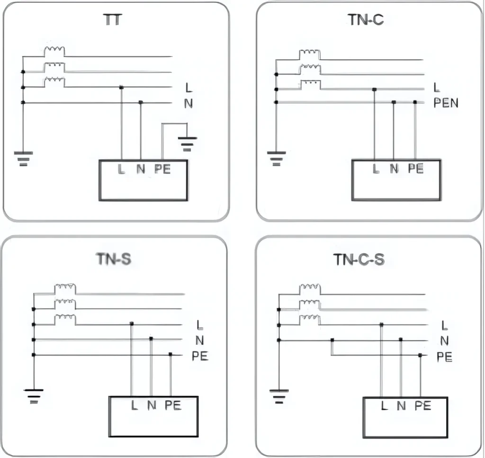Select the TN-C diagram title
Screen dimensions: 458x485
(x=365, y=19)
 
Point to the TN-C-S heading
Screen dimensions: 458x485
(x=359, y=260)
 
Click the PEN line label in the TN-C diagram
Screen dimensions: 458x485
(x=446, y=103)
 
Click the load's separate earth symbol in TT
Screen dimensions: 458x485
(x=187, y=142)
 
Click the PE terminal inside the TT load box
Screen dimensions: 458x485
(x=162, y=169)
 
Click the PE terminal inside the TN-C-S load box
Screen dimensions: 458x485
(x=422, y=405)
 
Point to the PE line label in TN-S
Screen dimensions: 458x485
(x=200, y=356)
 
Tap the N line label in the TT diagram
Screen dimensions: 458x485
(x=189, y=103)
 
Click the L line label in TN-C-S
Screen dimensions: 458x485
(x=444, y=325)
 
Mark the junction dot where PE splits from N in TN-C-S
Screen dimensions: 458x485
(x=332, y=340)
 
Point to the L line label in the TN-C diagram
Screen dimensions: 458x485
(x=437, y=88)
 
